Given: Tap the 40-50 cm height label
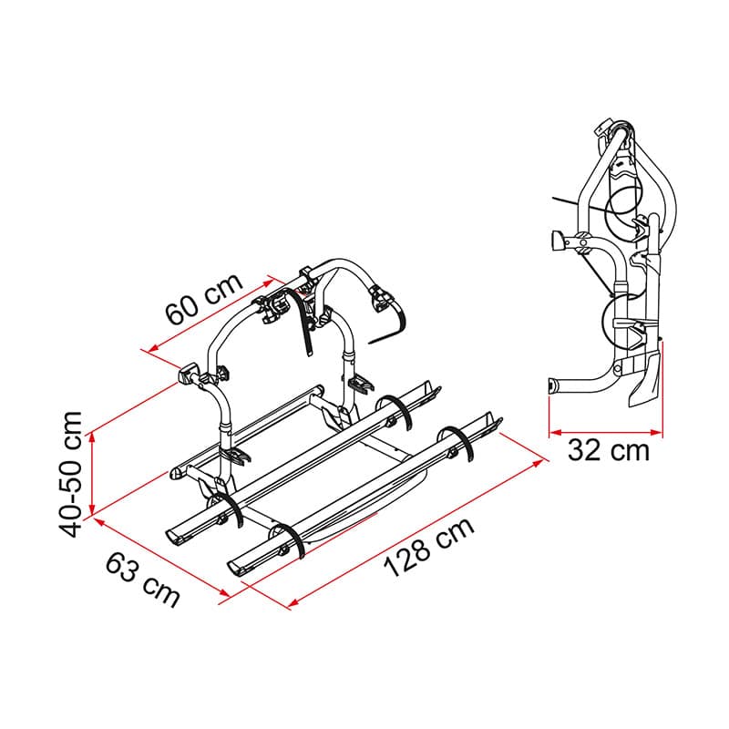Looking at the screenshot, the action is click(71, 474).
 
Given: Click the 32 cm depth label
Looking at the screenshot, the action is click(608, 450).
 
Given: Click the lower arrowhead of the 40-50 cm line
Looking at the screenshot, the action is click(92, 509).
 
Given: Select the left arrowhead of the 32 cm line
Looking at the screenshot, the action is click(555, 433).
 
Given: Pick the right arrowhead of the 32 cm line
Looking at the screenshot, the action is click(656, 433).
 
